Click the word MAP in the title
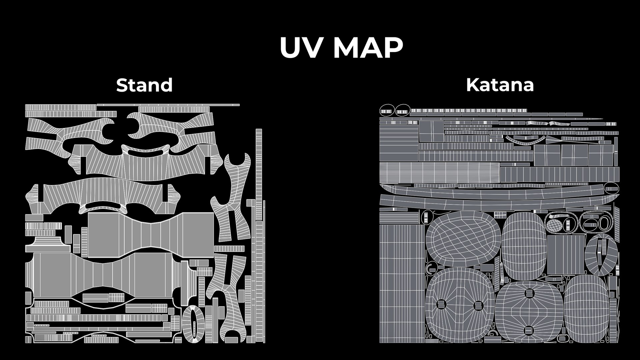pyautogui.click(x=368, y=48)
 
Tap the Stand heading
pyautogui.click(x=144, y=85)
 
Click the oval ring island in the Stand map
pyautogui.click(x=193, y=324)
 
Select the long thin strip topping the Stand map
pyautogui.click(x=168, y=105)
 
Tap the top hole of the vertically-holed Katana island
pyautogui.click(x=529, y=293)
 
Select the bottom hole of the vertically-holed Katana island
pyautogui.click(x=529, y=330)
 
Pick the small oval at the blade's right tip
pyautogui.click(x=611, y=189)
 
